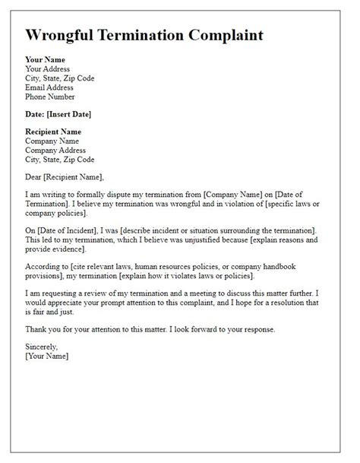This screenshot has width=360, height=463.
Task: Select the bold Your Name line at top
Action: point(46,59)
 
